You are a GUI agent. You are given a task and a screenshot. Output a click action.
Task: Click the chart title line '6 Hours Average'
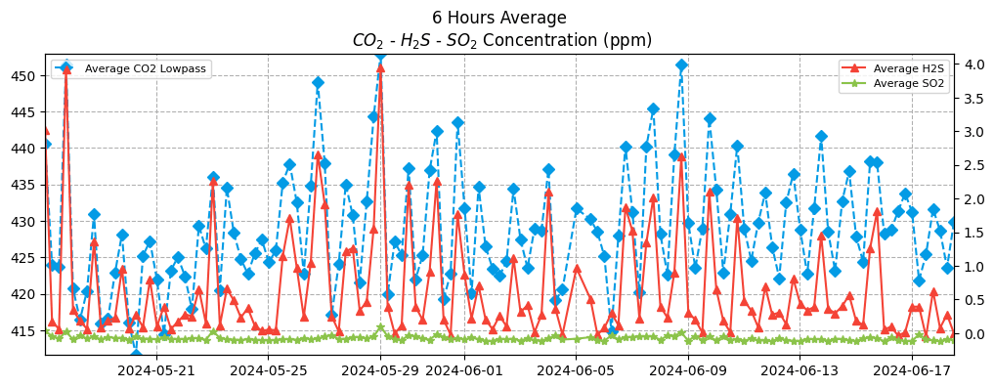[x=498, y=18]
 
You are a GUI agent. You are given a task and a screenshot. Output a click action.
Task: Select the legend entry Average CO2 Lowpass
[x=147, y=68]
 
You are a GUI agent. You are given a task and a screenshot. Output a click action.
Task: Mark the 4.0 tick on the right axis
[x=972, y=65]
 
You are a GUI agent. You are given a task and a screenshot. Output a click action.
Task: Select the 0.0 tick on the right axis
[x=972, y=334]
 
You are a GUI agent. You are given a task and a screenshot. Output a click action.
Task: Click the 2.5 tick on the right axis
[x=972, y=165]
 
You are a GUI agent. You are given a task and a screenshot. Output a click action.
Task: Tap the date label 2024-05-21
[x=156, y=370]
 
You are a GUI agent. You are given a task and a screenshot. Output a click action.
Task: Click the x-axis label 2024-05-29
[x=380, y=370]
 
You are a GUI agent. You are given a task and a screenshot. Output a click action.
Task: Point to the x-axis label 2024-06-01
[x=464, y=370]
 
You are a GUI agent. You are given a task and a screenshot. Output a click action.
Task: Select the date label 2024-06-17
[x=912, y=370]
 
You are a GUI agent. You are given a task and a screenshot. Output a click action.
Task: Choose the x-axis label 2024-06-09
[x=688, y=370]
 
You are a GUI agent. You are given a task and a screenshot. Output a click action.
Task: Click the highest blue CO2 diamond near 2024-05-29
[x=380, y=56]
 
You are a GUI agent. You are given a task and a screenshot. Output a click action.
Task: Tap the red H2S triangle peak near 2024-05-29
[x=380, y=68]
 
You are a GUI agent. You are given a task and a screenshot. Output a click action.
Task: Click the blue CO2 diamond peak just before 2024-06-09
[x=681, y=65]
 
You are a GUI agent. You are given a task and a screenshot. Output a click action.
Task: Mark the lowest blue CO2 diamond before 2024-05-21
[x=136, y=354]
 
